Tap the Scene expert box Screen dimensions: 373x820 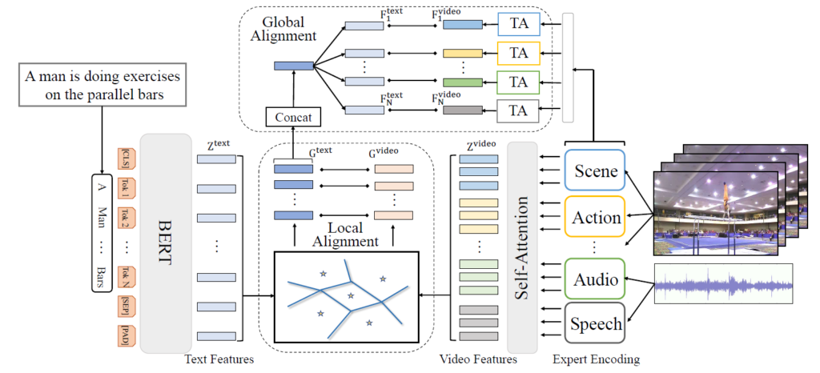click(596, 171)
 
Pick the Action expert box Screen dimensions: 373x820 click(596, 217)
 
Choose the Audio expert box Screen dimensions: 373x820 click(596, 279)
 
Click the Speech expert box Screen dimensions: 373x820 click(596, 324)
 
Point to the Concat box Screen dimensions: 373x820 click(293, 118)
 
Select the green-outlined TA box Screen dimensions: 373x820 click(519, 82)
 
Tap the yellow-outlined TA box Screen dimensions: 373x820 click(519, 54)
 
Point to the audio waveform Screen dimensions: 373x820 click(723, 285)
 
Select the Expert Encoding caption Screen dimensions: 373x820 click(596, 360)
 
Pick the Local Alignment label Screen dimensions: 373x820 click(346, 233)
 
